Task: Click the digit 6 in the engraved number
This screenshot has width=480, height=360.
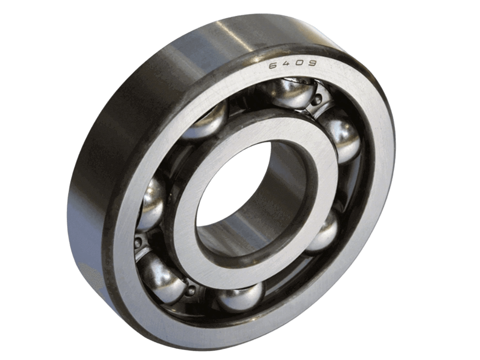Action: (273, 66)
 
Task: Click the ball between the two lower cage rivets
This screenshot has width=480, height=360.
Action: (162, 275)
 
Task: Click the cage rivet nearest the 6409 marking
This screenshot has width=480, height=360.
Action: (317, 101)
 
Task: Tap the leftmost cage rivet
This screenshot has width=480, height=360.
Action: (139, 240)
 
